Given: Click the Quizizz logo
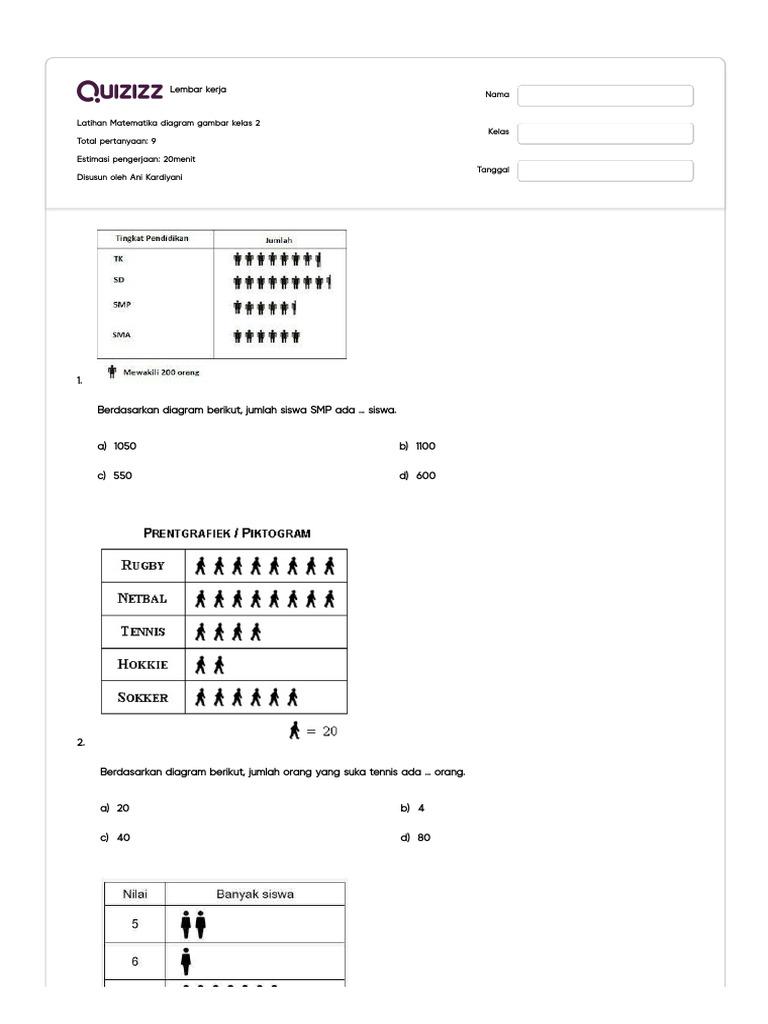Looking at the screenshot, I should point(120,92).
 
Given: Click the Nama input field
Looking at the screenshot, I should point(605,95).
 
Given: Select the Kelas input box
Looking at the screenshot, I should point(605,133).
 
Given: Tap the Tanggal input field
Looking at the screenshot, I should point(605,170).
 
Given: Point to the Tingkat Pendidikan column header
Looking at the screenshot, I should point(152,238).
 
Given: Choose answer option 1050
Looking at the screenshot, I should point(125,446).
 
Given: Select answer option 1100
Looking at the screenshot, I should point(426,446).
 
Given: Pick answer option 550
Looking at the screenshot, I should point(122,476).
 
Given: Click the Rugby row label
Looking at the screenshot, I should point(143,565).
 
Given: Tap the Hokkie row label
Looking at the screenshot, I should point(143,664).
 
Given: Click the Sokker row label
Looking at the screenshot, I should point(143,697).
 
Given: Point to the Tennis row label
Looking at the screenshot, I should point(143,632).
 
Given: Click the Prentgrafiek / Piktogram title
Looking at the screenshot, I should point(227,533).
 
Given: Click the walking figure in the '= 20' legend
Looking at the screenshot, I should point(294,731).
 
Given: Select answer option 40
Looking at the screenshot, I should point(123,838).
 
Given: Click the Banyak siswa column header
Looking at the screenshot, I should point(255,894).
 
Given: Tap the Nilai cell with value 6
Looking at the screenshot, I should point(135,962).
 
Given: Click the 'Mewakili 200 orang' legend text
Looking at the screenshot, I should point(161,372).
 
